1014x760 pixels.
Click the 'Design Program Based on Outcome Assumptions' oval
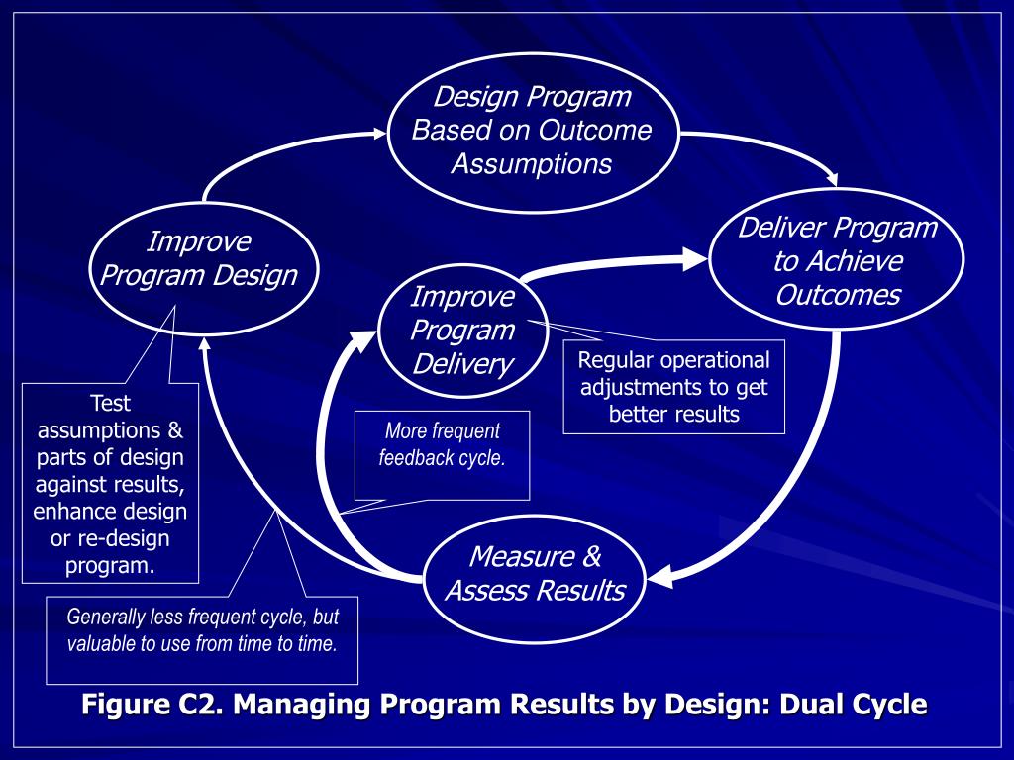point(531,131)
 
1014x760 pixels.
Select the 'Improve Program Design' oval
point(199,258)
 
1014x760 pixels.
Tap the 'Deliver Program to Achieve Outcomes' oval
point(837,261)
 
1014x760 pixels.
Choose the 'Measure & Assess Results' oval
point(535,574)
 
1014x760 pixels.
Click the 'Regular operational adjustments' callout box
point(673,387)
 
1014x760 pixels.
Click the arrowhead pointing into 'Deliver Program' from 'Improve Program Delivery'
point(695,260)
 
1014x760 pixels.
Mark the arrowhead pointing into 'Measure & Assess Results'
point(659,575)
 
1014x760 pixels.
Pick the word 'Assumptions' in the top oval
point(531,163)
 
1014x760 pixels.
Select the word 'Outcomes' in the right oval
point(837,295)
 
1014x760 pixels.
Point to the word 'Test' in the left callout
point(110,403)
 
